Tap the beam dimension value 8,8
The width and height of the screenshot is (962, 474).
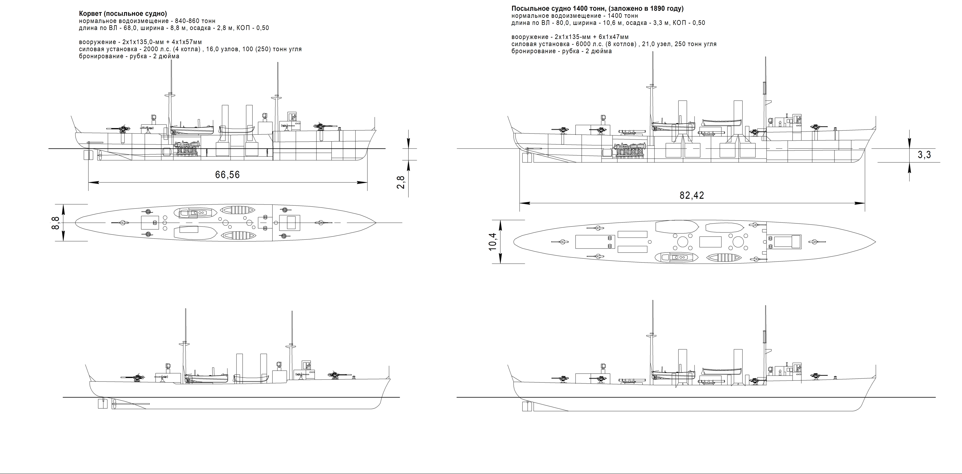pyautogui.click(x=55, y=223)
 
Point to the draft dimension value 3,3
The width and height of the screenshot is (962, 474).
pyautogui.click(x=924, y=155)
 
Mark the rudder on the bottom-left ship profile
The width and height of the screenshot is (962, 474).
pyautogui.click(x=102, y=403)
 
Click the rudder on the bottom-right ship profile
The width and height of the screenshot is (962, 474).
pyautogui.click(x=527, y=406)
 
